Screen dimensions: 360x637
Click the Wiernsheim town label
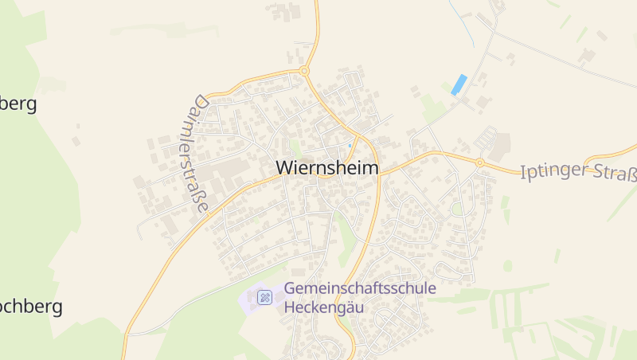click(327, 168)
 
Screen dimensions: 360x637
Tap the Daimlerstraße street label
click(195, 155)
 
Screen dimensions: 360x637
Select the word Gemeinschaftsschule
click(360, 288)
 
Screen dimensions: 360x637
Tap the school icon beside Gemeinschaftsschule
click(265, 298)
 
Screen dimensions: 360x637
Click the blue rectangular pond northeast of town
click(459, 84)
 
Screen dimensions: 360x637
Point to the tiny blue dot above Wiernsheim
click(349, 145)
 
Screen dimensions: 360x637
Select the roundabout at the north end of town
click(304, 72)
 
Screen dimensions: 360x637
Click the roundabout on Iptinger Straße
click(479, 162)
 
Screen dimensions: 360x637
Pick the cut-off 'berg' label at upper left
click(18, 104)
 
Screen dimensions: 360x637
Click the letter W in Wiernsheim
click(285, 168)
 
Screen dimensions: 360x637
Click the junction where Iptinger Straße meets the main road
click(378, 170)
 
